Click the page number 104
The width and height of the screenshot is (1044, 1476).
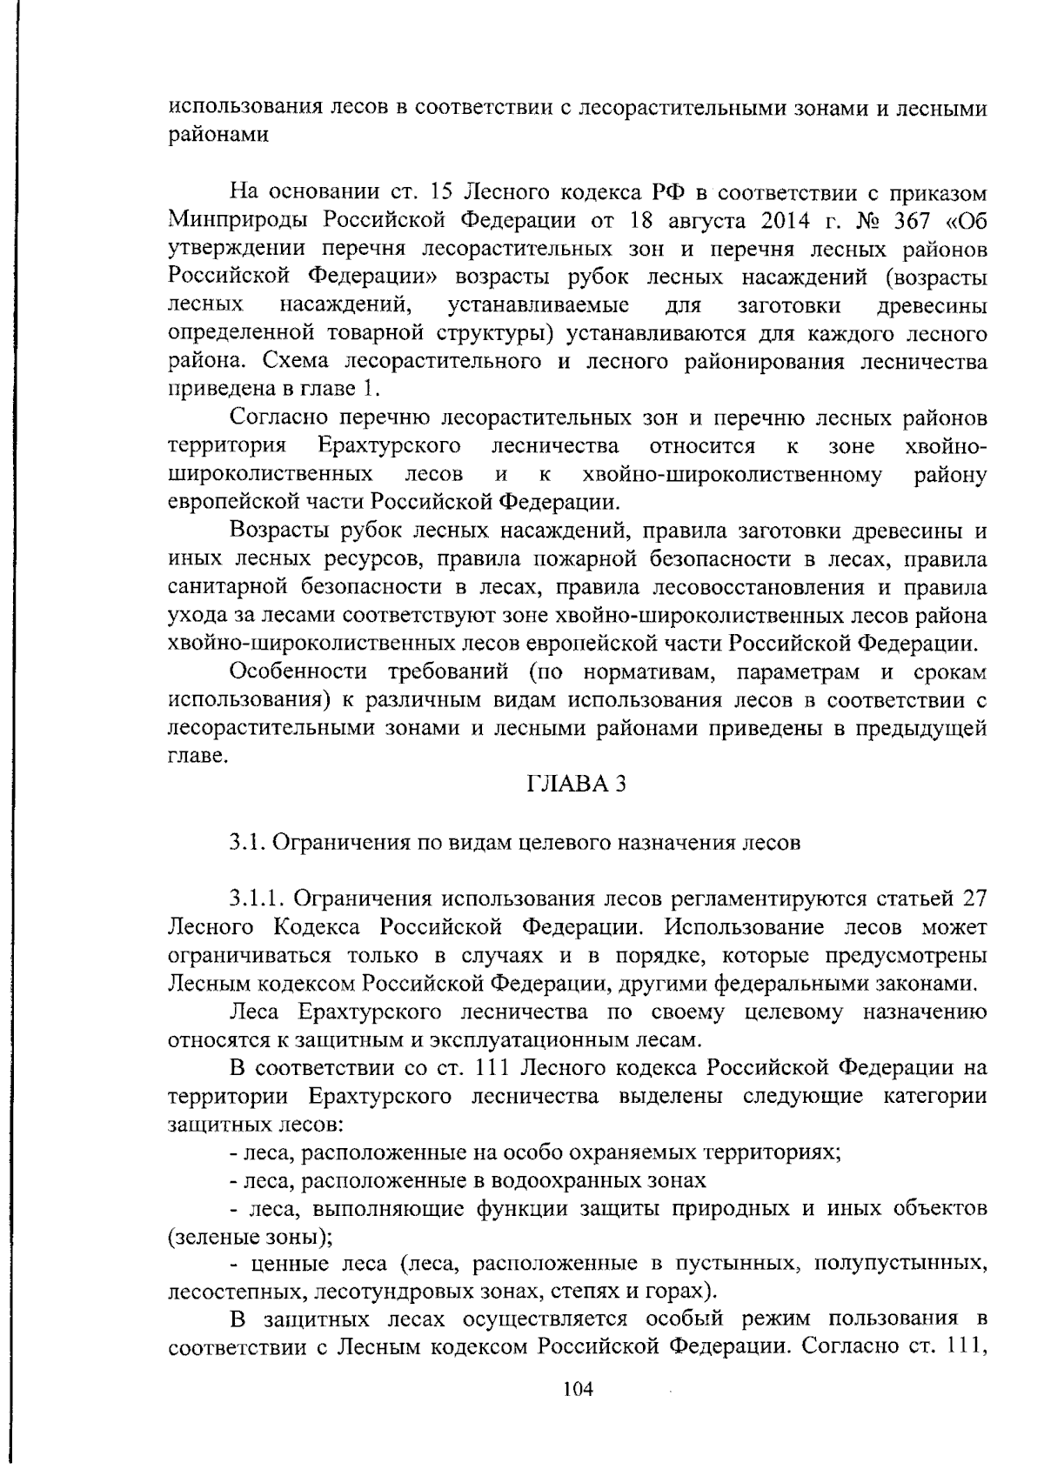click(x=578, y=1389)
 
